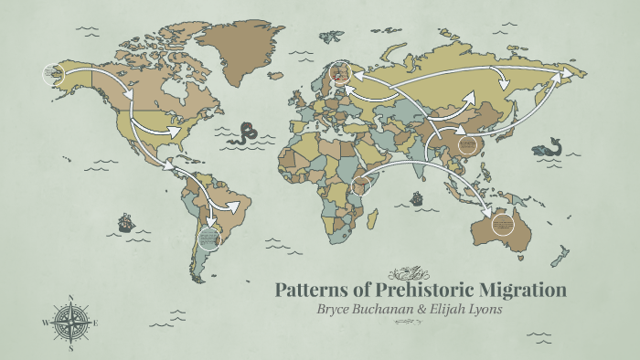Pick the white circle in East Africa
click(x=364, y=187)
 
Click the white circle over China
click(x=469, y=146)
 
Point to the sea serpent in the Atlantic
click(x=243, y=134)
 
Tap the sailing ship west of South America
click(x=125, y=222)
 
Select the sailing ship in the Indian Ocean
click(x=416, y=198)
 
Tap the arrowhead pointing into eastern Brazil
click(x=236, y=206)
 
